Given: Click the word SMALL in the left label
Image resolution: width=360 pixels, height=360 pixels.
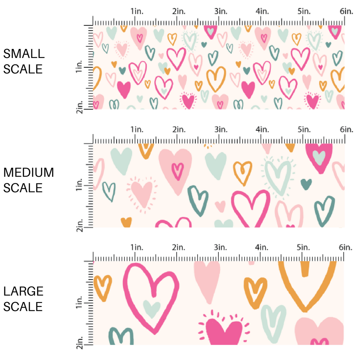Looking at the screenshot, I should [x=23, y=53].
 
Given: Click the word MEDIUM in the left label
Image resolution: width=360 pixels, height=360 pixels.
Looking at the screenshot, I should [x=28, y=172].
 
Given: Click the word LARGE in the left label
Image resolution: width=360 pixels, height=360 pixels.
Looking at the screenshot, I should [x=23, y=291].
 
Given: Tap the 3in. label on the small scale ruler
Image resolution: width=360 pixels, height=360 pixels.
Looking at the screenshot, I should [x=220, y=11].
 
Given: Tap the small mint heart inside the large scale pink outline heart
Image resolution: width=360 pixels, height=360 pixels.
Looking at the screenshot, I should [x=152, y=307].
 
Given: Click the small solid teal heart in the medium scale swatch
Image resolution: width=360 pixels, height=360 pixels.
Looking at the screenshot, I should [x=306, y=183].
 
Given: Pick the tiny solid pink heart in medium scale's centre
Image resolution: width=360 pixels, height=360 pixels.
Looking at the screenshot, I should [x=220, y=206].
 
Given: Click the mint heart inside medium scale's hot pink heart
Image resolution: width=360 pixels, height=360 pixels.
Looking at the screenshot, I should [x=319, y=156].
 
